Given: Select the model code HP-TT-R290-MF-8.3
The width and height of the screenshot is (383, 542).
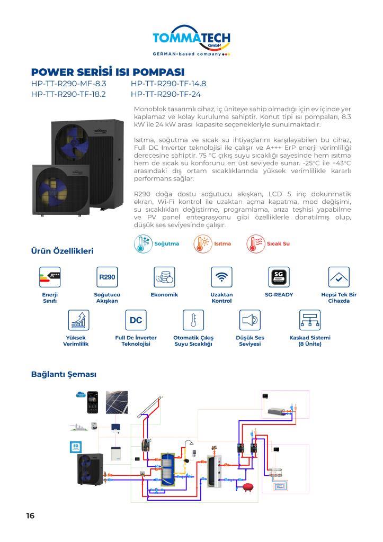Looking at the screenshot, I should pos(69,84).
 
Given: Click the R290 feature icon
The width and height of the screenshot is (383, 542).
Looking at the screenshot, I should pos(106,277).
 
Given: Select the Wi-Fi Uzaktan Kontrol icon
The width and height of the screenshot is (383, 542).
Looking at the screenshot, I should pos(221,277).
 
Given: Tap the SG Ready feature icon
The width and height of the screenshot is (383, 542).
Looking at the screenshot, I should pos(279,277).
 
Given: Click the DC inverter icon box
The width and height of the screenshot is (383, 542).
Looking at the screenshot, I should pos(136,320).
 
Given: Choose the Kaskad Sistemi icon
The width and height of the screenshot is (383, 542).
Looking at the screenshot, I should pos(310,320).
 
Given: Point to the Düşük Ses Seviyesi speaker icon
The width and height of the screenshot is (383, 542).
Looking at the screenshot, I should pos(250,320).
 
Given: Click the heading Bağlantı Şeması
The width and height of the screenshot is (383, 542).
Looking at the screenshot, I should pos(64,374).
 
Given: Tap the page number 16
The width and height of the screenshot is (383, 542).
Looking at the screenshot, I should pos(30,516).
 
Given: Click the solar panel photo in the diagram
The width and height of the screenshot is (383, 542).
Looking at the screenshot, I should pos(116,402).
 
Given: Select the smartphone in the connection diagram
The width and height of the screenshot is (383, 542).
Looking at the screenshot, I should pos(93,402).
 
